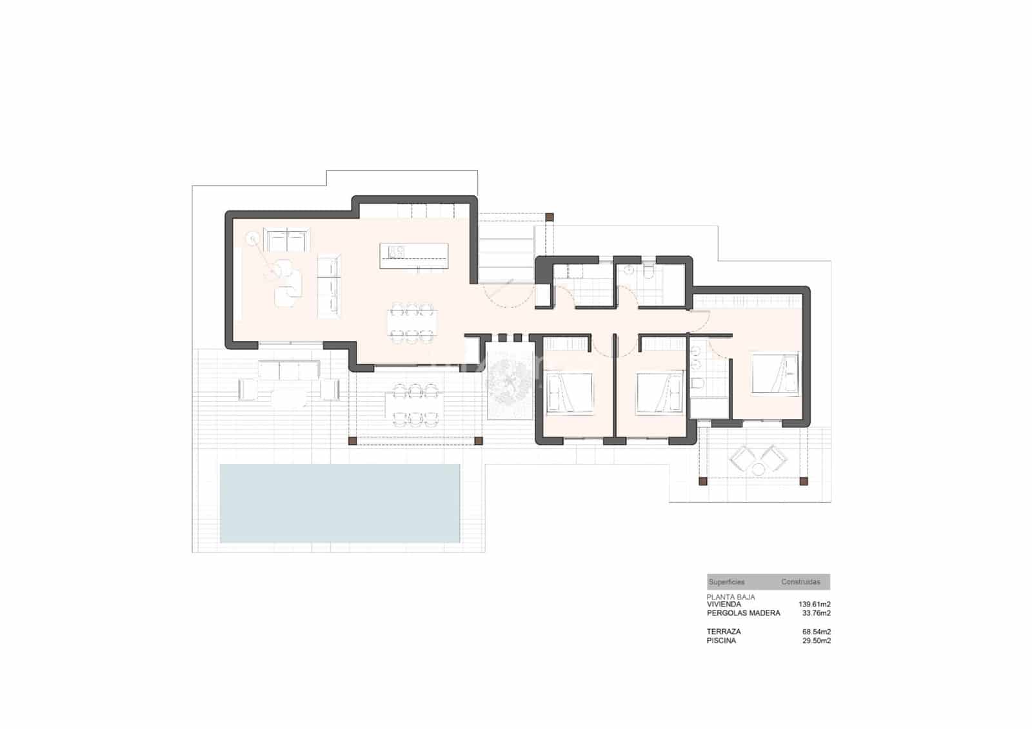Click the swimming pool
[340, 503]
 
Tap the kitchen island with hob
[413, 255]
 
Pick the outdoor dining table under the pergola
[414, 403]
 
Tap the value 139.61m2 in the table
[814, 605]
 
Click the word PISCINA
[721, 641]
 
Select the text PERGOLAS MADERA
[743, 613]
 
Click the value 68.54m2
[816, 632]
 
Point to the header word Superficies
[726, 582]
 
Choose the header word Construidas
[800, 582]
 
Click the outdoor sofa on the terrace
[289, 369]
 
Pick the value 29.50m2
[816, 641]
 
